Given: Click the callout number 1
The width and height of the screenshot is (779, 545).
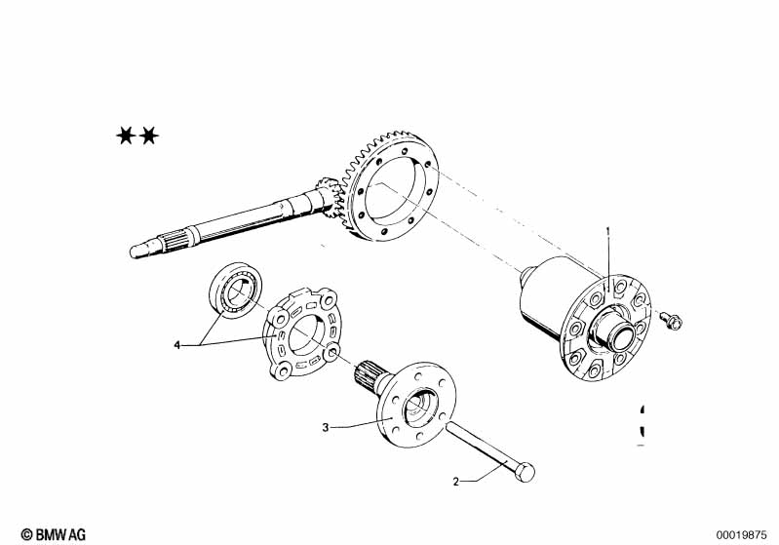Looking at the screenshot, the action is click(607, 231).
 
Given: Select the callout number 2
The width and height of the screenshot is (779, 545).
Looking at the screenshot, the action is click(456, 482).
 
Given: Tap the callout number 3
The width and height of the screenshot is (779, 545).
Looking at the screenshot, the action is click(326, 427).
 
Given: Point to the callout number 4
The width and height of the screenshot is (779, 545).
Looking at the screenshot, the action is click(176, 345).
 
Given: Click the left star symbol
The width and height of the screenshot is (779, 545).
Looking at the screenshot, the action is click(126, 136).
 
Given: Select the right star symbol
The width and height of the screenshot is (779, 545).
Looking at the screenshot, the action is click(148, 136).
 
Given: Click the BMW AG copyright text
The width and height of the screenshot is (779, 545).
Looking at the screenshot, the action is click(54, 534).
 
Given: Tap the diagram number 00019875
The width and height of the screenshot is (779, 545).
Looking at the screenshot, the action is click(741, 535).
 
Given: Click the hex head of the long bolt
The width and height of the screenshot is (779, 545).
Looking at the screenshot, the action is click(526, 472).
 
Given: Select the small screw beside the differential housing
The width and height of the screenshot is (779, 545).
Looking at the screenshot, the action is click(671, 320).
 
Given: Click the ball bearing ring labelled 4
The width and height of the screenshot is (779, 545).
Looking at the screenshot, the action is click(236, 290).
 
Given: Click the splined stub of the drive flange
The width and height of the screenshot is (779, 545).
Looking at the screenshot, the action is click(369, 374).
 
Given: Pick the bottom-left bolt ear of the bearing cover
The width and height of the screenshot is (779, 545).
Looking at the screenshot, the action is click(282, 370).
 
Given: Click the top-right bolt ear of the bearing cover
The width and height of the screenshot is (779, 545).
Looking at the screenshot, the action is click(328, 299).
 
